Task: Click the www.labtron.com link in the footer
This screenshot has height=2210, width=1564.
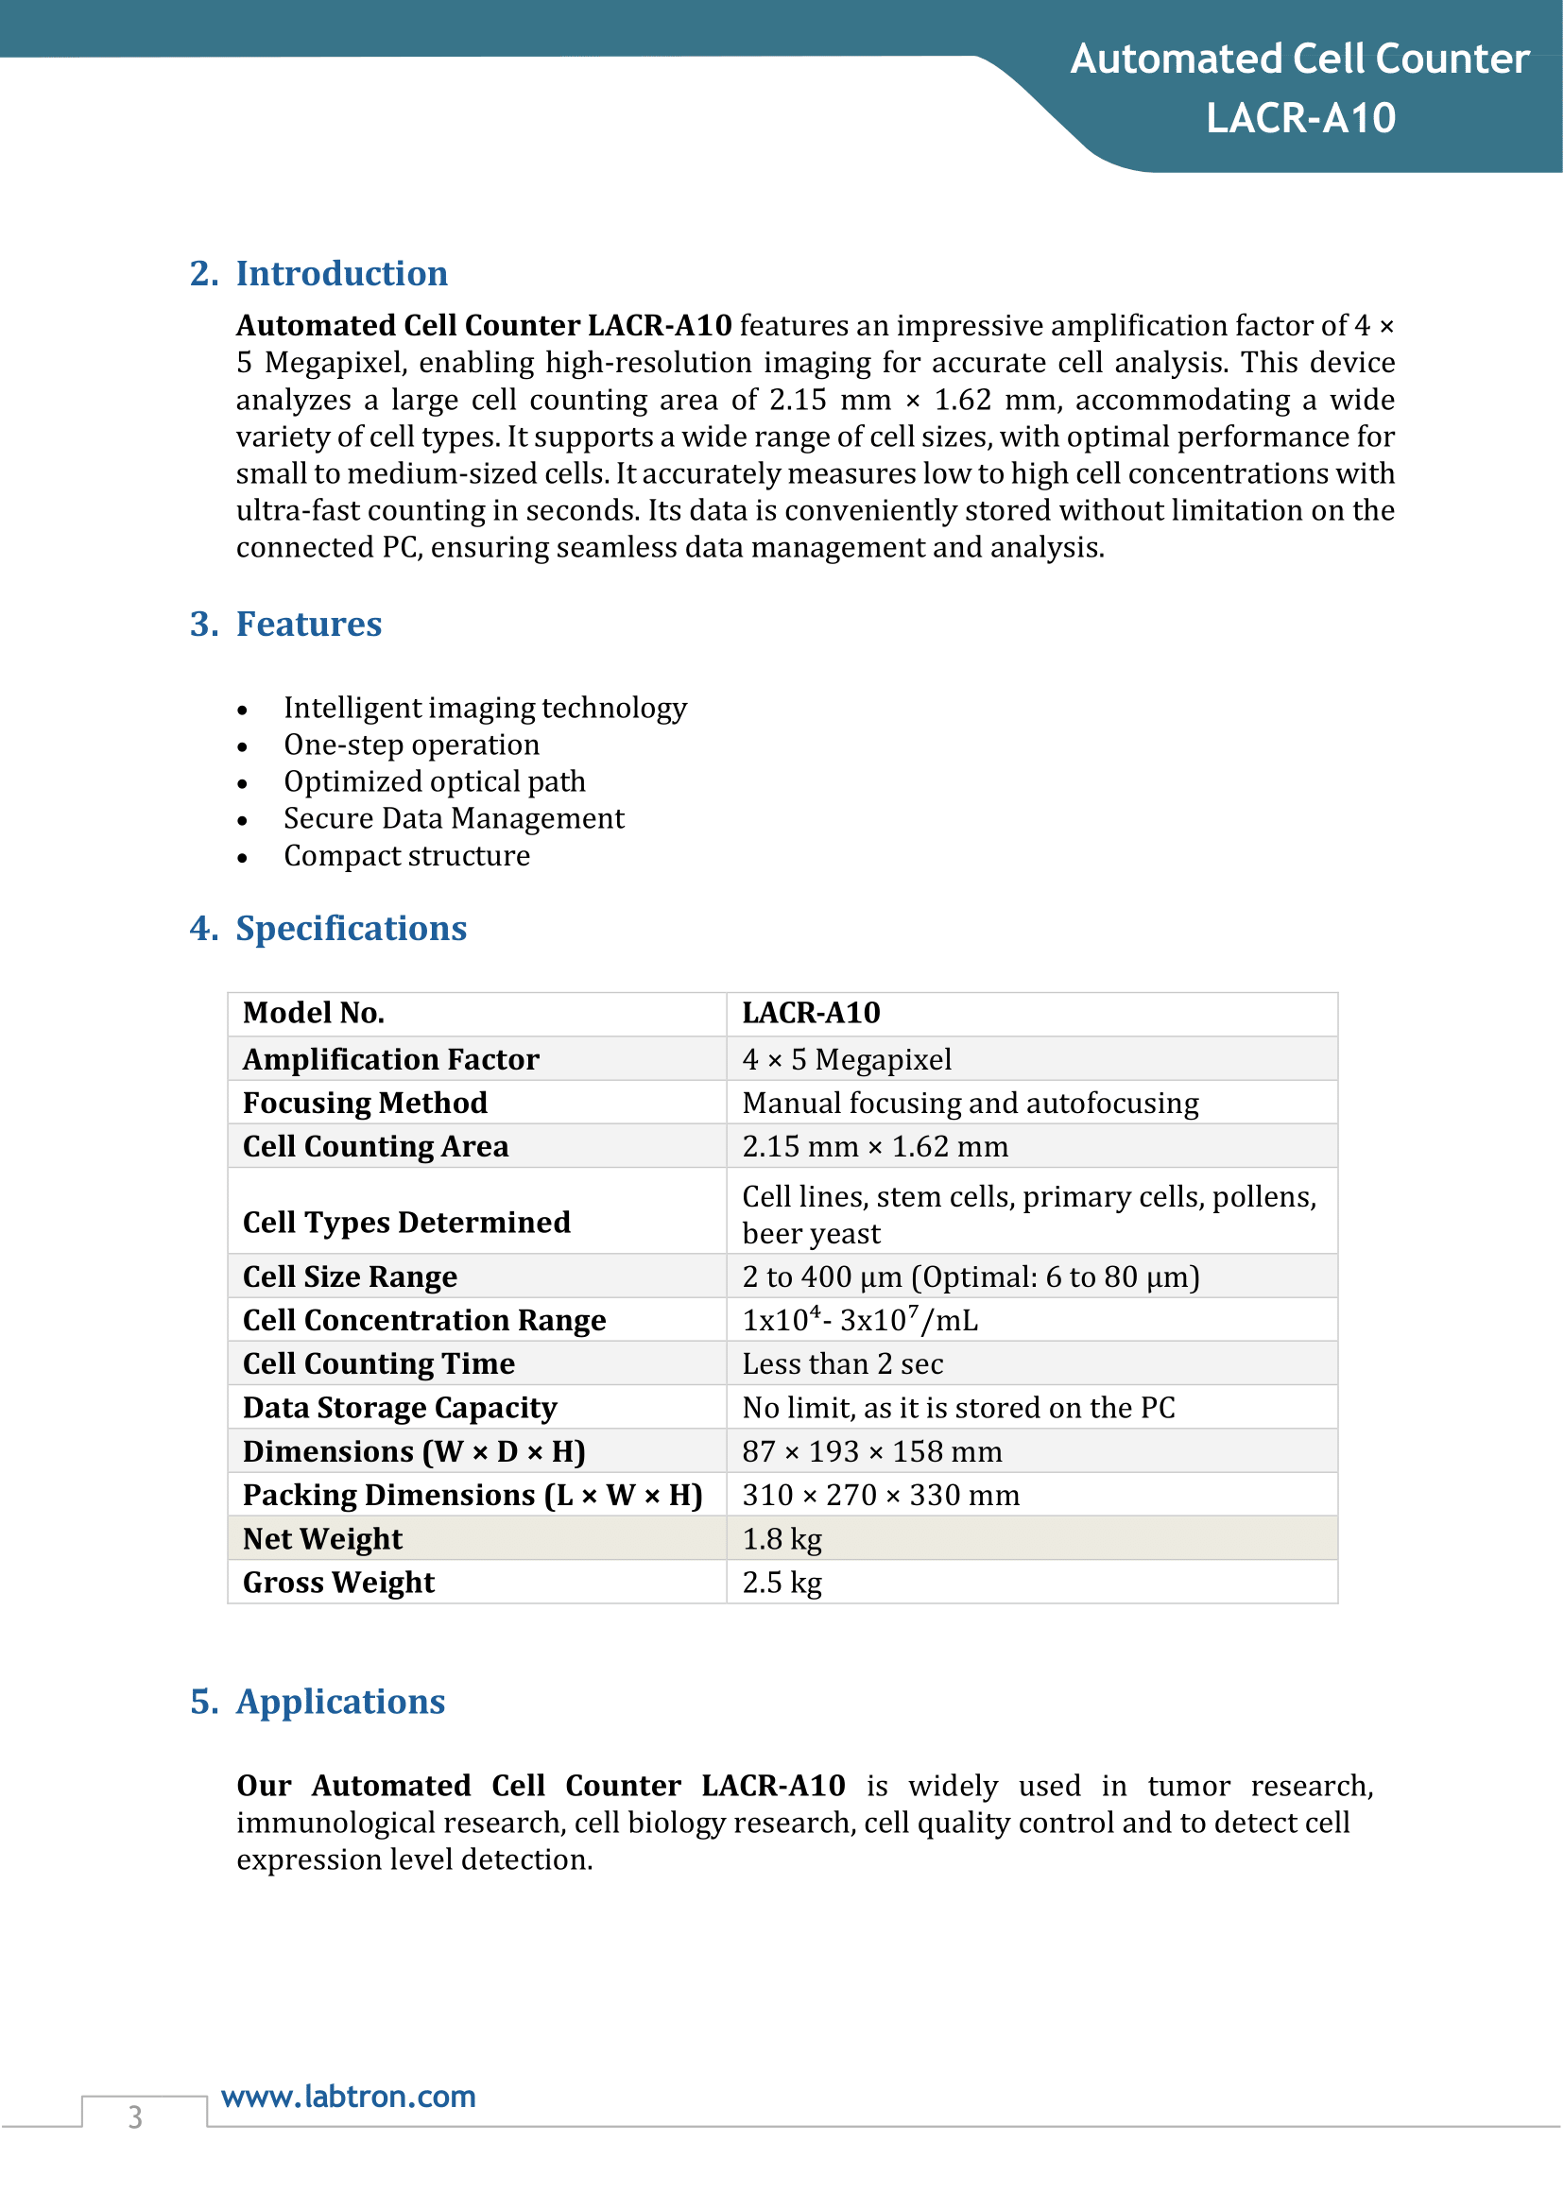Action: [x=349, y=2097]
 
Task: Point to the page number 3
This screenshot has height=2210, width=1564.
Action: [x=136, y=2116]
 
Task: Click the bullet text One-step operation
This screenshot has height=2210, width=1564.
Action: [x=411, y=745]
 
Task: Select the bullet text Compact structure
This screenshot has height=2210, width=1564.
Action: [x=406, y=856]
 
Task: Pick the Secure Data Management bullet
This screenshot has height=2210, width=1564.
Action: [x=454, y=818]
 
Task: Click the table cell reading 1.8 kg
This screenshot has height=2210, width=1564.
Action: [x=782, y=1539]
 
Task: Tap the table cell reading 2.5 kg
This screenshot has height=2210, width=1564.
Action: [x=782, y=1582]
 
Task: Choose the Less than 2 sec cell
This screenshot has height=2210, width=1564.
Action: [x=843, y=1363]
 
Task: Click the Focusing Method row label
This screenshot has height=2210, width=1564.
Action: [x=365, y=1103]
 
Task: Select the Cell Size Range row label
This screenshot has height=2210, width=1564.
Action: [x=350, y=1276]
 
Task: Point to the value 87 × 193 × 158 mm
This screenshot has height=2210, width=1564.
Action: [x=871, y=1451]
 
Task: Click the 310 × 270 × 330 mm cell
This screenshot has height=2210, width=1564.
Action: [x=880, y=1496]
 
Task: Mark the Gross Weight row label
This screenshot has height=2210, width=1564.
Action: [x=339, y=1582]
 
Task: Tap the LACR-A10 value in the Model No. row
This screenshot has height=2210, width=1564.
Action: [x=811, y=1013]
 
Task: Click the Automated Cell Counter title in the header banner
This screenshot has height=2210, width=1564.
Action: [x=1299, y=60]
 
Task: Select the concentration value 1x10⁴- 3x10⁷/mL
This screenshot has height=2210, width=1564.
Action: [x=859, y=1320]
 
